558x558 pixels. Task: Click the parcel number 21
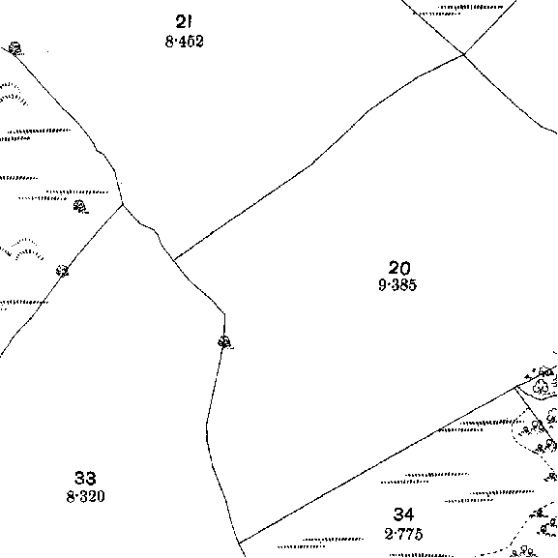pos(184,21)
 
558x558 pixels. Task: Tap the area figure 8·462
pos(185,42)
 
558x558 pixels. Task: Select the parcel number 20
pos(399,268)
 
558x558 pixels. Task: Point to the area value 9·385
pos(397,285)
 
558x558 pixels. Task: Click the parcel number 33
pos(85,478)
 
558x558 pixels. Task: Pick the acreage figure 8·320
pos(86,496)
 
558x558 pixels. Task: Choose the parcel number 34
pos(404,514)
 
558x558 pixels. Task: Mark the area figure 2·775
pos(404,534)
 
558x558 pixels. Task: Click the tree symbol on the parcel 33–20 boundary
pos(225,342)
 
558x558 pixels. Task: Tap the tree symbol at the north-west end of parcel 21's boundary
pos(15,48)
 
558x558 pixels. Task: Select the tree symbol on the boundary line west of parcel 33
pos(62,271)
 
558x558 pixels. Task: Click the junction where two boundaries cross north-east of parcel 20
pos(463,54)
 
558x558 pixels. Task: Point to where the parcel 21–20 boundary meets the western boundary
pos(174,259)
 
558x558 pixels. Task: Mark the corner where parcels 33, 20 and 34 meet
pos(240,543)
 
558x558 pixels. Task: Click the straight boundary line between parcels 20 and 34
pos(378,465)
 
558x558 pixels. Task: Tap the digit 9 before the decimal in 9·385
pos(382,285)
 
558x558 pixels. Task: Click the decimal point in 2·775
pos(395,534)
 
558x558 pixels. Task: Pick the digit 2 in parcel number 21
pos(181,21)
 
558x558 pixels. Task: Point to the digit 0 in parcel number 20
pos(406,268)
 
